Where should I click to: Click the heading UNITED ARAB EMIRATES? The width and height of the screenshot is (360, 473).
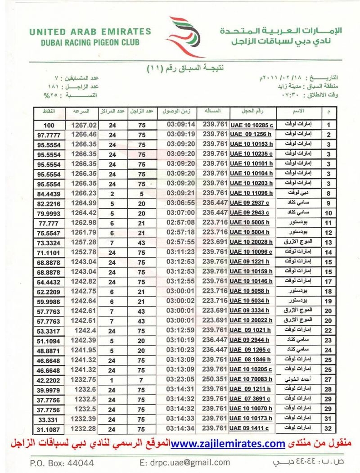90,32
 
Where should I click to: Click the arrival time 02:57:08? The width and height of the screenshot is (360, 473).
180,222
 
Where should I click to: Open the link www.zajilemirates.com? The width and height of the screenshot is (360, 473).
228,444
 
